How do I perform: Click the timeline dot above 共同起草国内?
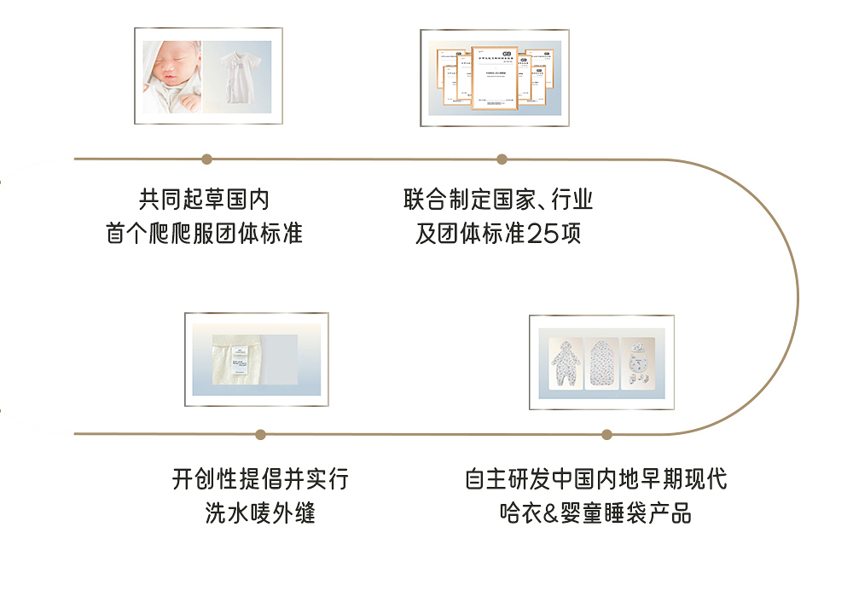tap(206, 159)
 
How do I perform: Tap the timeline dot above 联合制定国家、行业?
tap(502, 159)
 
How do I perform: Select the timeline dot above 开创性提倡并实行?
tap(261, 434)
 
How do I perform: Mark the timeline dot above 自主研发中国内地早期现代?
tap(606, 434)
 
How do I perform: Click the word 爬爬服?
tap(181, 234)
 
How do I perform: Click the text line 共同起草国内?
tap(205, 200)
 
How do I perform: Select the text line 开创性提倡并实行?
tap(261, 479)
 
